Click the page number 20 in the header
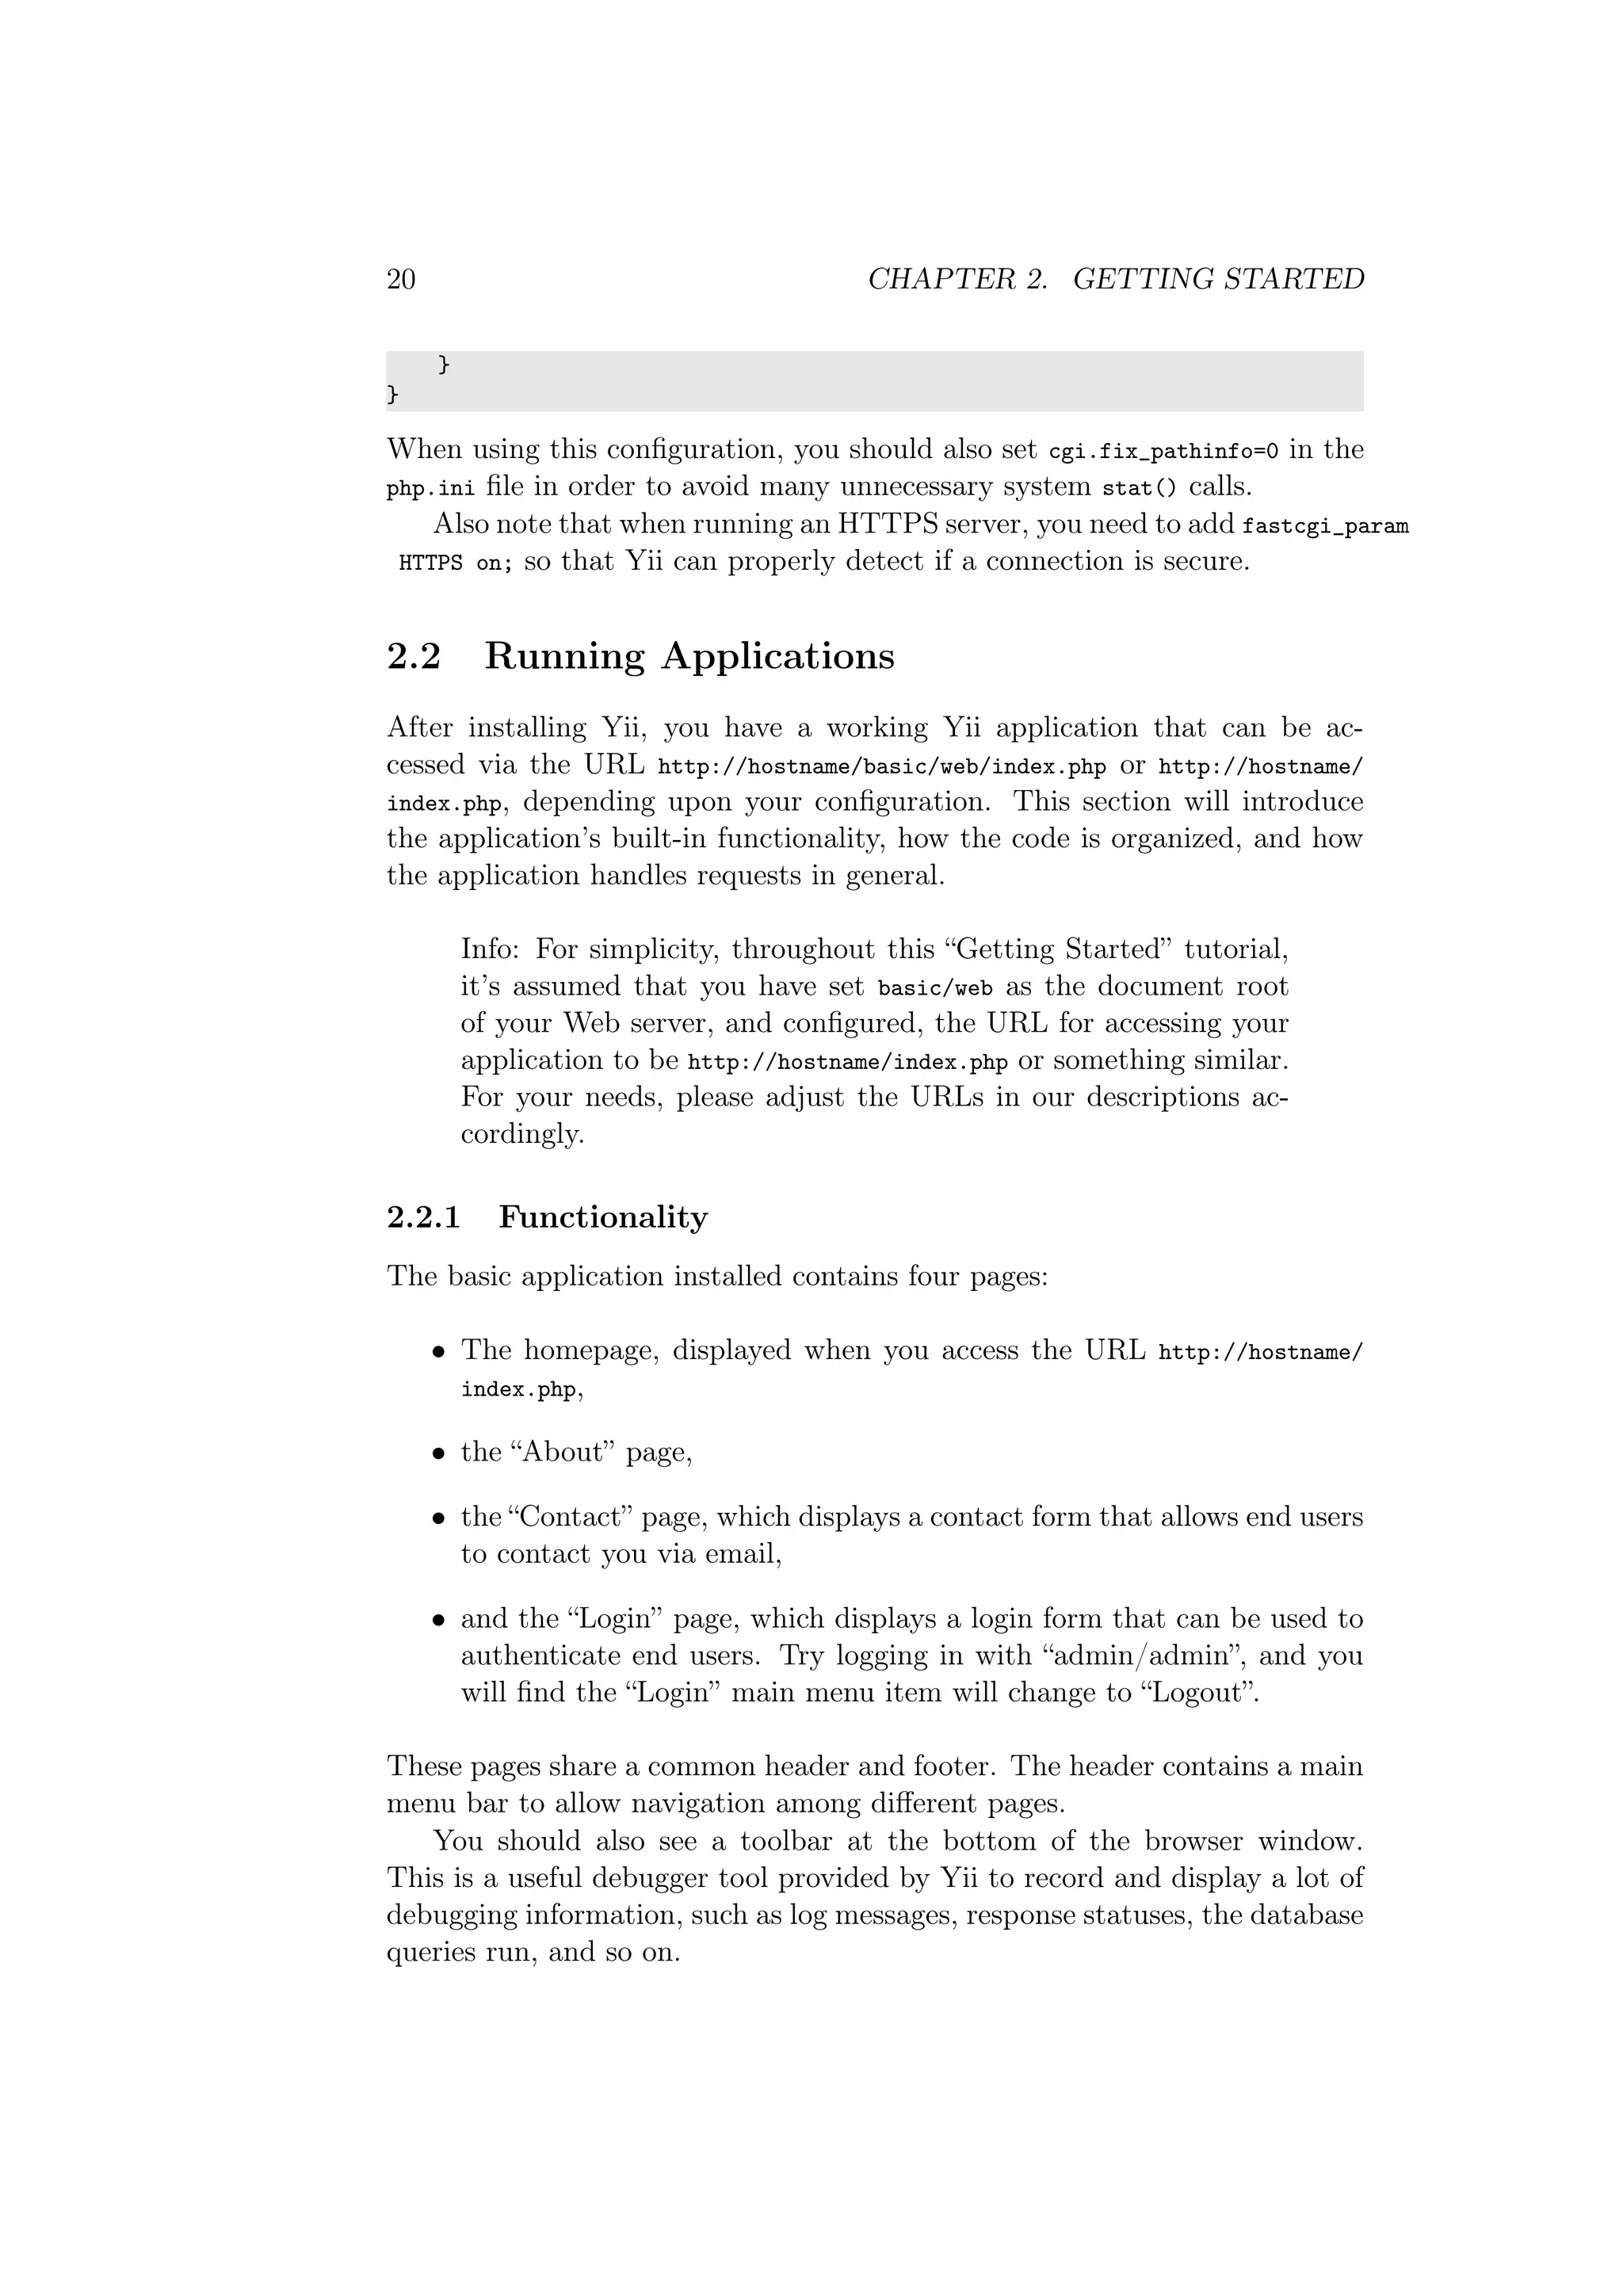(x=401, y=279)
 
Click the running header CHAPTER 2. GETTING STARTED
(x=1115, y=279)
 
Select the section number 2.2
(x=414, y=657)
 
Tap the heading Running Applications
(x=689, y=657)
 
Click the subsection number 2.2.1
(x=424, y=1217)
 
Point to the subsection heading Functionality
(x=602, y=1217)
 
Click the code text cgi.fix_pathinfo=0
(x=1163, y=451)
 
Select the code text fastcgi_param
(x=1325, y=525)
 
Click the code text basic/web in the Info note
(x=934, y=988)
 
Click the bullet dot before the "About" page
(x=437, y=1454)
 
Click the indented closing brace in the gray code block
(x=444, y=366)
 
